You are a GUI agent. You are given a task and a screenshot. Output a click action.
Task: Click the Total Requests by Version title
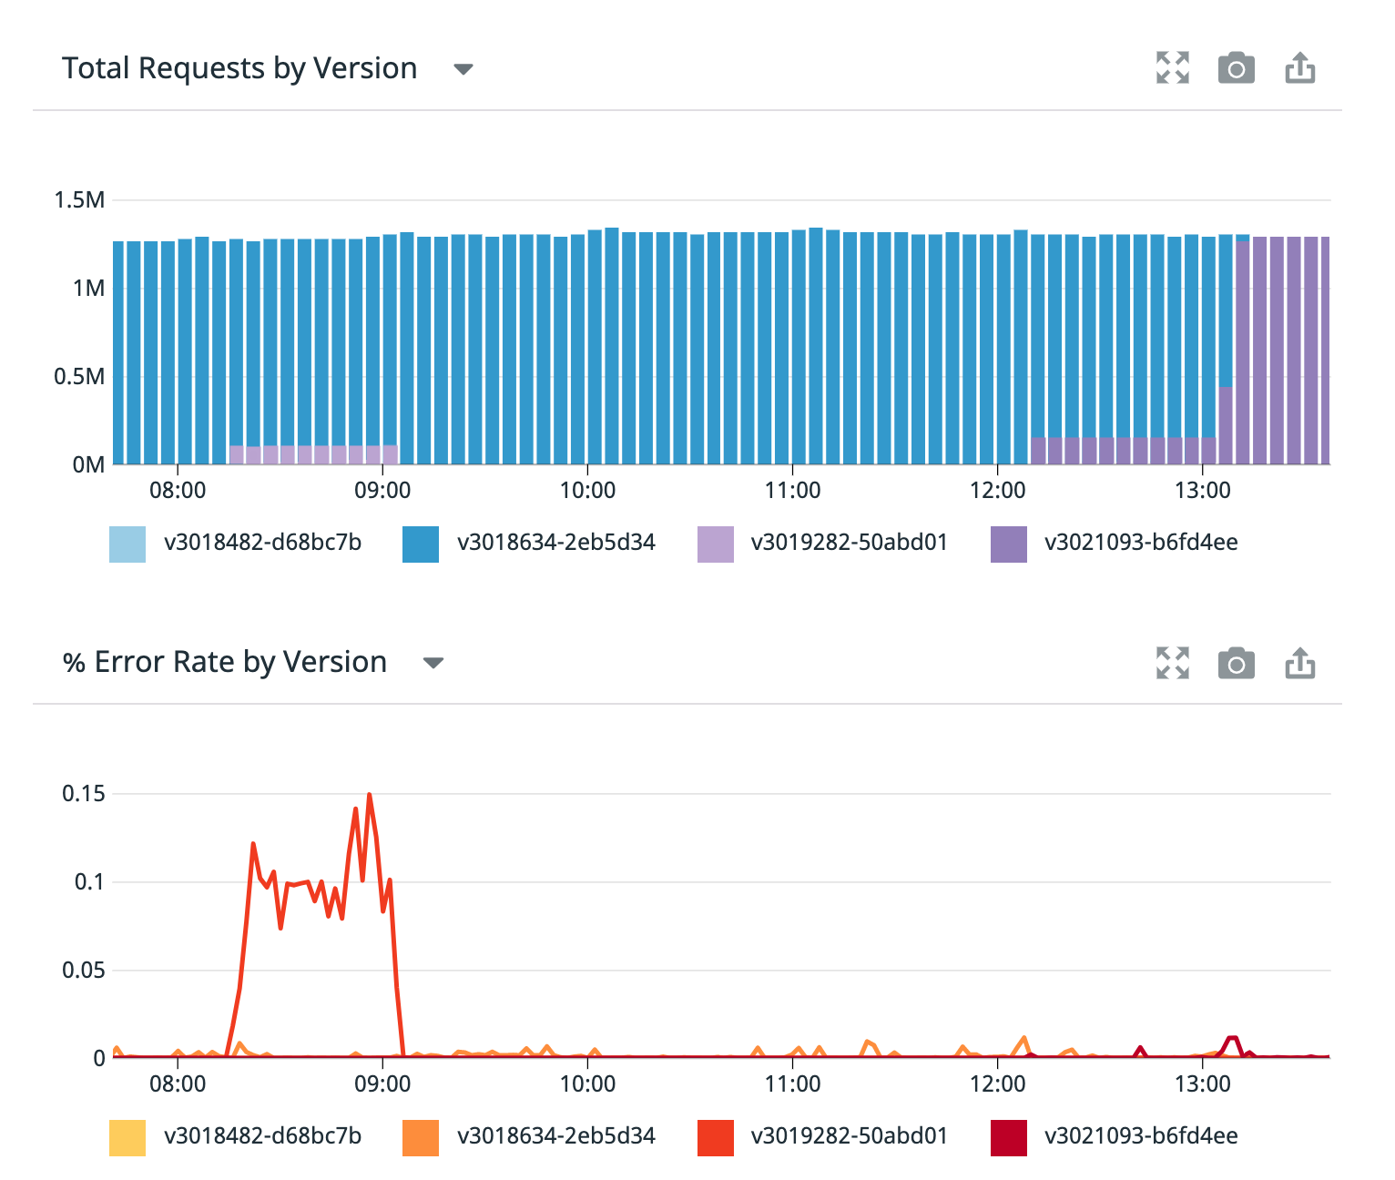(x=239, y=68)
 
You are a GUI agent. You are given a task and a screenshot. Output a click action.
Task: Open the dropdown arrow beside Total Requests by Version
(x=463, y=69)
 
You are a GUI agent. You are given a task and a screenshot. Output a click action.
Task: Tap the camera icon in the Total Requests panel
(x=1236, y=68)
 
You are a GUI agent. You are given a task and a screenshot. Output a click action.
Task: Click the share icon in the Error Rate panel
(x=1299, y=663)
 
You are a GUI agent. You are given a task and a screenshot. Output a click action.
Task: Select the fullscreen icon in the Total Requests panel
(x=1172, y=68)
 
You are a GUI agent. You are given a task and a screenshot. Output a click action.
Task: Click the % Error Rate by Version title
(x=224, y=662)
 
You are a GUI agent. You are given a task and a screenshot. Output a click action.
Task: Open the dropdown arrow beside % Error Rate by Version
(x=433, y=663)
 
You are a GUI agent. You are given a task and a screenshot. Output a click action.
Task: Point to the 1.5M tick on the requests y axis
(x=79, y=200)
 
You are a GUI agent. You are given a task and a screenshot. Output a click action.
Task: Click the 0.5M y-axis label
(x=79, y=377)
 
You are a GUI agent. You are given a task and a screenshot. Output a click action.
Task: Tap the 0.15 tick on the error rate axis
(x=83, y=794)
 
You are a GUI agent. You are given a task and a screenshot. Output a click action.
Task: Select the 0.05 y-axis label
(x=83, y=971)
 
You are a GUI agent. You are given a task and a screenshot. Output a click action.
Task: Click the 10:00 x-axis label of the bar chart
(x=587, y=491)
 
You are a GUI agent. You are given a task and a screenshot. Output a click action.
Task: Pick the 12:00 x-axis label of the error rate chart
(x=997, y=1084)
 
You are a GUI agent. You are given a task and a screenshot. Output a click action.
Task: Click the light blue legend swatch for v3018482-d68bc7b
(x=127, y=544)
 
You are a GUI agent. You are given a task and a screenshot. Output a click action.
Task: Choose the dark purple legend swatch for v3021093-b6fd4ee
(x=1008, y=544)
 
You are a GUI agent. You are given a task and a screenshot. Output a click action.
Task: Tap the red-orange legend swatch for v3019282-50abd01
(x=715, y=1137)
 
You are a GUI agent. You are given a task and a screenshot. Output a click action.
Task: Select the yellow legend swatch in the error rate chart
(x=127, y=1137)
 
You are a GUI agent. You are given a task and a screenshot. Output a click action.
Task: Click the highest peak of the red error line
(x=369, y=795)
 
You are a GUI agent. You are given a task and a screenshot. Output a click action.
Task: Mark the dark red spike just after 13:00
(x=1232, y=1039)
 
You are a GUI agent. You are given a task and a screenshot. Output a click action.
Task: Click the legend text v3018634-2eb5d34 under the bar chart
(x=555, y=543)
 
